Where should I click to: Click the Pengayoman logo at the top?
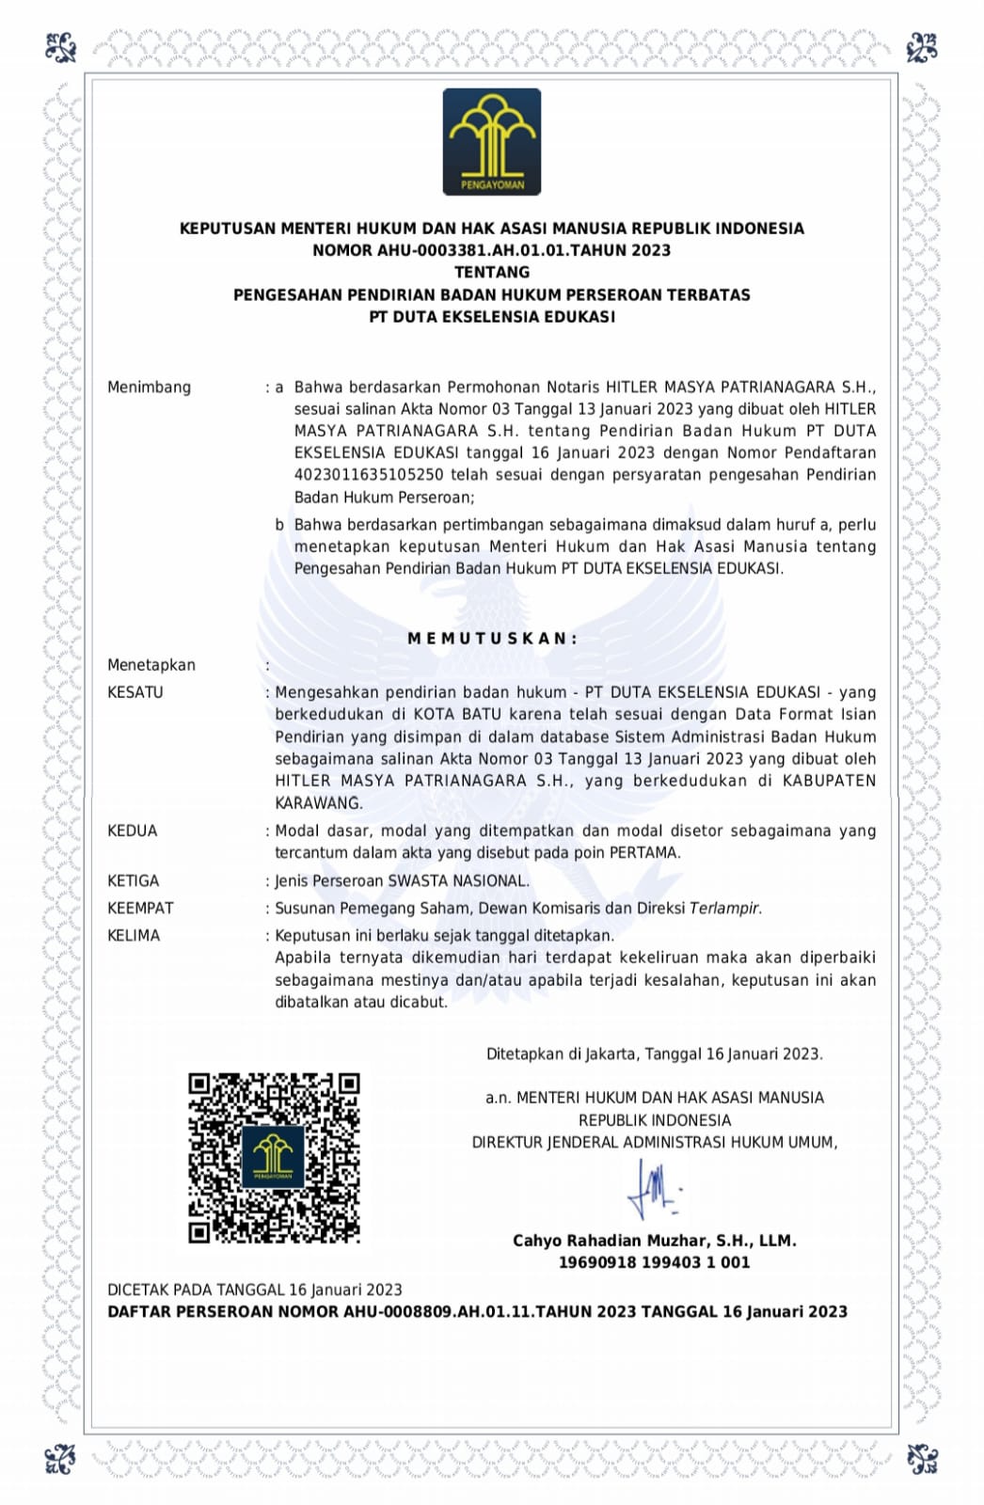491,142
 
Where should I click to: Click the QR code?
274,1158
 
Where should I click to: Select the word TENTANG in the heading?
492,272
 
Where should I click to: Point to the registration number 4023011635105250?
368,475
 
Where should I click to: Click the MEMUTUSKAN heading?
492,639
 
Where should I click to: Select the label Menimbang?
149,388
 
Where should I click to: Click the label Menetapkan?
151,665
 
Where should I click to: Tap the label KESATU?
135,692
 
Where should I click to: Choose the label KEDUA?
133,832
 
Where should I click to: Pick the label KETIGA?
134,881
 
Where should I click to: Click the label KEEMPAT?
140,909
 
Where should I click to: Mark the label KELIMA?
134,936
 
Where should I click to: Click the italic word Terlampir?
724,909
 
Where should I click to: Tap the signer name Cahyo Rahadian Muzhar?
611,1241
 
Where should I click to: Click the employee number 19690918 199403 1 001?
654,1262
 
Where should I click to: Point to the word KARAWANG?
318,803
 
